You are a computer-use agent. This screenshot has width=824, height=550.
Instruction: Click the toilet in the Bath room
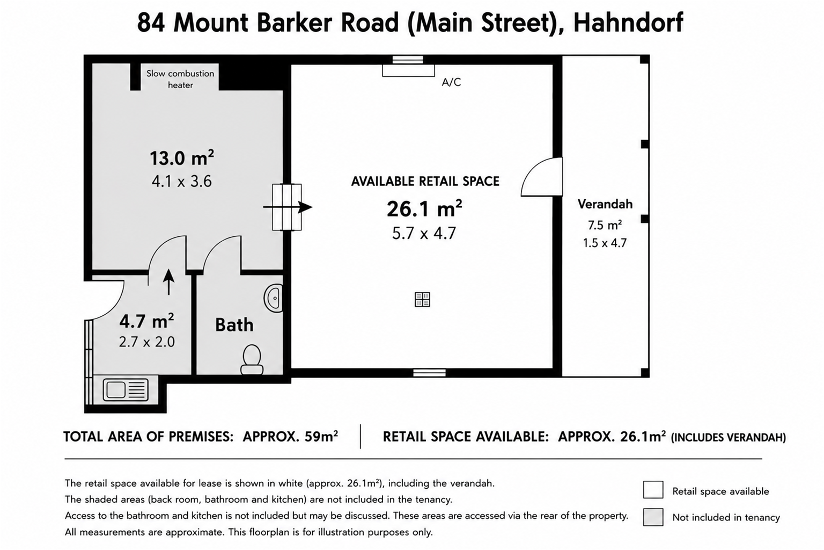click(252, 359)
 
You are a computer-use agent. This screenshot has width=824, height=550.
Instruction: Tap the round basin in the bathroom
click(273, 298)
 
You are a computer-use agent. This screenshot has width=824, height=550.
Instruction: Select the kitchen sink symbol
click(126, 390)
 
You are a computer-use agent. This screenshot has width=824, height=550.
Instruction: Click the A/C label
click(451, 82)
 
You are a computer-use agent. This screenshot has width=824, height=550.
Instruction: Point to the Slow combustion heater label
click(180, 79)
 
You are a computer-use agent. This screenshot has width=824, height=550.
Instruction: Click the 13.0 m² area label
click(182, 158)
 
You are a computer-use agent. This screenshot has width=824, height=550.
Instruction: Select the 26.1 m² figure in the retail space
click(424, 208)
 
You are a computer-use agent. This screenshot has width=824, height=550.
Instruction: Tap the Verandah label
click(605, 204)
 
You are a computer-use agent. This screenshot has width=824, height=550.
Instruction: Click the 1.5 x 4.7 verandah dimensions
click(605, 243)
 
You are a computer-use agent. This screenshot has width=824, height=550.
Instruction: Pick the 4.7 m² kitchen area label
click(146, 321)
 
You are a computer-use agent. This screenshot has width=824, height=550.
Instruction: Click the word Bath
click(234, 325)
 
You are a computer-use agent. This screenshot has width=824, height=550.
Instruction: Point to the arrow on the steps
click(288, 207)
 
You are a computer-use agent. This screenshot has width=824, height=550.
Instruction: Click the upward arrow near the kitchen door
click(169, 282)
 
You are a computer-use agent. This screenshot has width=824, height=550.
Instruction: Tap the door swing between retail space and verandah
click(541, 177)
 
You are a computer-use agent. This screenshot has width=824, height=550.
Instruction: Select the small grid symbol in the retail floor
click(422, 300)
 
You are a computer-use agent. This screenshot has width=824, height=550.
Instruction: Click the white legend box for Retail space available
click(653, 490)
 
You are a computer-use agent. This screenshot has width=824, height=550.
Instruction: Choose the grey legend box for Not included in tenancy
click(653, 517)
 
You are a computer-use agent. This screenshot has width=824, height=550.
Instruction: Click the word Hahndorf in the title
click(628, 23)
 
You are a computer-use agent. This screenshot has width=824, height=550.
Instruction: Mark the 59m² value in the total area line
click(321, 437)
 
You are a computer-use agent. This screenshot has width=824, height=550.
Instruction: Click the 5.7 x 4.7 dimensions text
click(424, 234)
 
